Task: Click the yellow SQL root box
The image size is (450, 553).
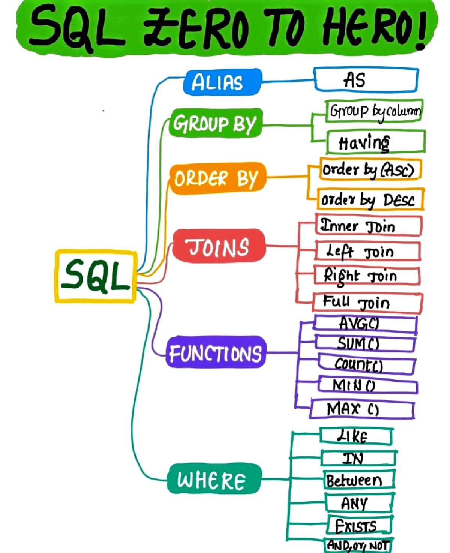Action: pos(96,276)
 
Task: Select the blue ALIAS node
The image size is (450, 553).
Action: pos(222,82)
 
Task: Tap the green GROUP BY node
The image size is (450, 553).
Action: pos(216,123)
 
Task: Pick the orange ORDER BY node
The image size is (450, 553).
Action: pos(217,178)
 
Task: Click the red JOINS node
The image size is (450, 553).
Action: pos(219,246)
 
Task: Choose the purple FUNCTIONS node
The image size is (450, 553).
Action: pos(216,352)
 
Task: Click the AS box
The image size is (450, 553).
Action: pos(366,80)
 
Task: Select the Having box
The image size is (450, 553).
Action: pos(375,142)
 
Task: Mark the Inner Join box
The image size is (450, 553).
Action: pos(368,226)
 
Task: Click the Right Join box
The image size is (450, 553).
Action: pos(367,276)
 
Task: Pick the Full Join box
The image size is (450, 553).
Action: pos(367,302)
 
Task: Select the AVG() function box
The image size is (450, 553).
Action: pos(364,324)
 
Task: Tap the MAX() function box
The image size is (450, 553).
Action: pos(362,409)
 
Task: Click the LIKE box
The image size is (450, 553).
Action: pos(355,436)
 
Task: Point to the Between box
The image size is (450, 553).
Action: pos(358,480)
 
